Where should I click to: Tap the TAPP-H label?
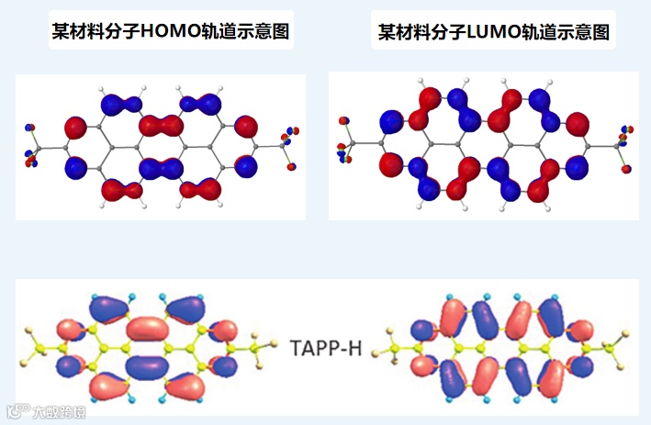click(327, 350)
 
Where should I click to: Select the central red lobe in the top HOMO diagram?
click(161, 125)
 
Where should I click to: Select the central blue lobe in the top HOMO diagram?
click(161, 167)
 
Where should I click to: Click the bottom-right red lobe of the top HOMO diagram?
click(199, 190)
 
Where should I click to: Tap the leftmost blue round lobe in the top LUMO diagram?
click(390, 120)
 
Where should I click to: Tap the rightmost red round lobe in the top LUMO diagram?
click(578, 120)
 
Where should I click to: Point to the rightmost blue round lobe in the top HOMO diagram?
click(246, 166)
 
